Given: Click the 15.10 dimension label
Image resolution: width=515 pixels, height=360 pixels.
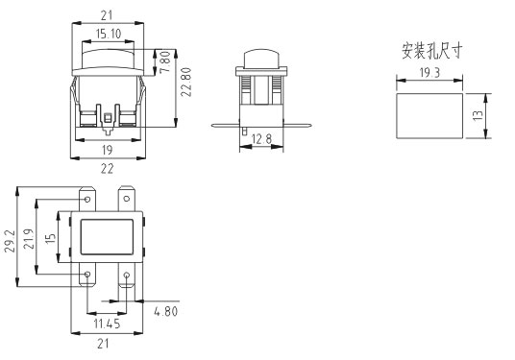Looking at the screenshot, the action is pos(109,34).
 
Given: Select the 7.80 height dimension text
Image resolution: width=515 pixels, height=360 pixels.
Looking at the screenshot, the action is pos(166,61).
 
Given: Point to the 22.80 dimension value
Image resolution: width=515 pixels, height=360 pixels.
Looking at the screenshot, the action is pos(186,82).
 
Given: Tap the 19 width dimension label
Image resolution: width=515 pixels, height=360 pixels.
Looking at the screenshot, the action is pos(107,151).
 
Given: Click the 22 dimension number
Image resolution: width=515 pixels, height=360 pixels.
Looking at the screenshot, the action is pos(107,169).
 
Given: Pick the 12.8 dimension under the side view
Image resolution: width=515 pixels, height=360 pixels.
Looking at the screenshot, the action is pos(261,139).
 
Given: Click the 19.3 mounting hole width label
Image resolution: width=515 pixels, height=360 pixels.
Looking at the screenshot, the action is pos(429,73).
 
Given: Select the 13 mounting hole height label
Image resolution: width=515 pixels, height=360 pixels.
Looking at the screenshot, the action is pos(478,115).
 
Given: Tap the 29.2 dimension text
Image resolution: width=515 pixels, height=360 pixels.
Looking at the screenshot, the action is pos(10,241).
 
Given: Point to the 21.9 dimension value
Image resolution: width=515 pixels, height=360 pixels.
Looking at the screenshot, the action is pos(30,239).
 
